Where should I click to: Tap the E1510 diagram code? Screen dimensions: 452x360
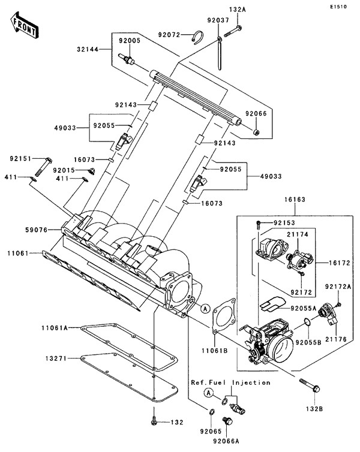point(339,7)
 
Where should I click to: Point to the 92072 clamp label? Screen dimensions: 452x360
point(170,34)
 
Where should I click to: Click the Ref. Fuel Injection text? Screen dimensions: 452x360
point(231,382)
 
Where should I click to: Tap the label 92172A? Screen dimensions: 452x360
point(338,287)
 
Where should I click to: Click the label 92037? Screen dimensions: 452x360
point(218,20)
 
